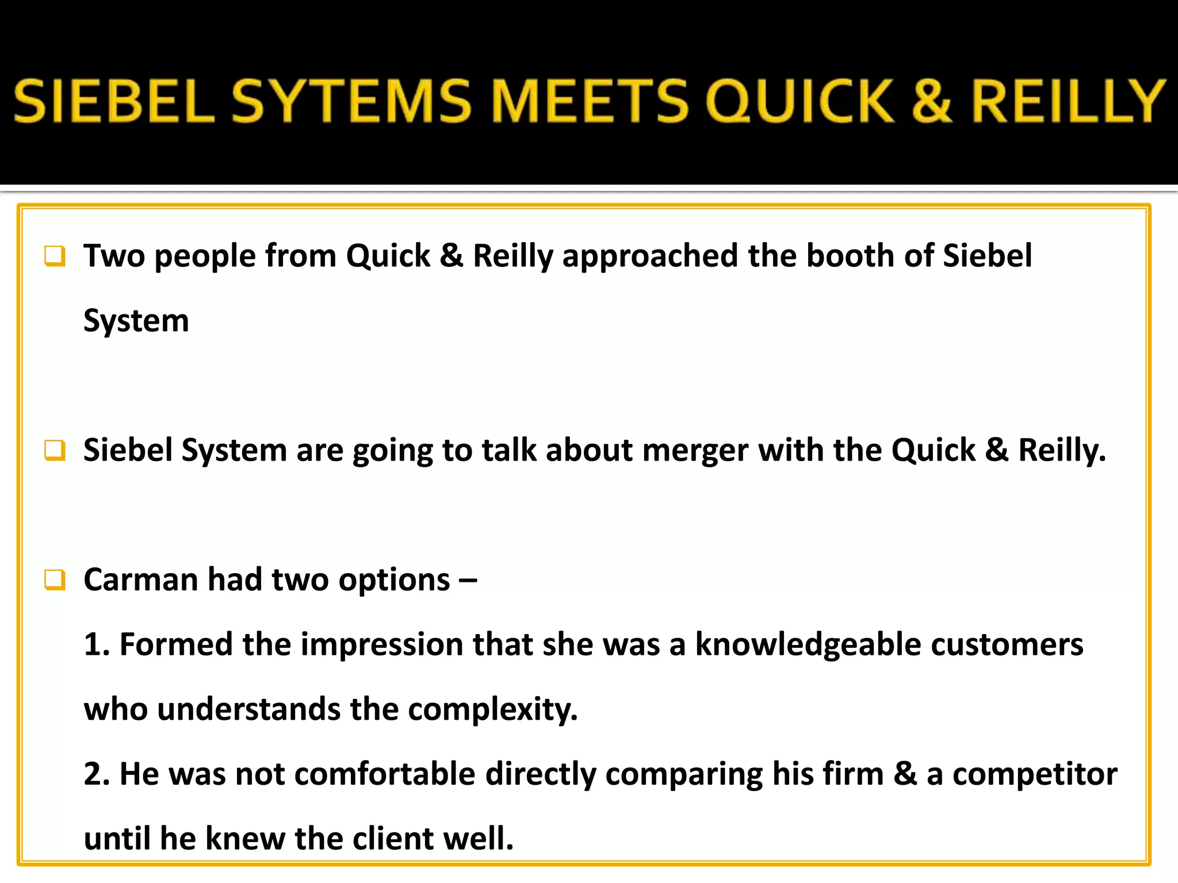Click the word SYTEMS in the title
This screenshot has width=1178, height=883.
[351, 101]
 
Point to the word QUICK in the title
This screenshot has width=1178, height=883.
[800, 101]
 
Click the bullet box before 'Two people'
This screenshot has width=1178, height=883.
[55, 256]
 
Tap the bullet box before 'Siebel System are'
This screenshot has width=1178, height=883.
[55, 450]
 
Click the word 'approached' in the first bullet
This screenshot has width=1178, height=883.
[650, 256]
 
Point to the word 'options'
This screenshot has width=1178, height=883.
[394, 581]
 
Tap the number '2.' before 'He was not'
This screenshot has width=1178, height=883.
[97, 774]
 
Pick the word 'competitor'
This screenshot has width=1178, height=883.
[1035, 774]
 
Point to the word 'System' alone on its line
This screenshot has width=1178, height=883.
[136, 321]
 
